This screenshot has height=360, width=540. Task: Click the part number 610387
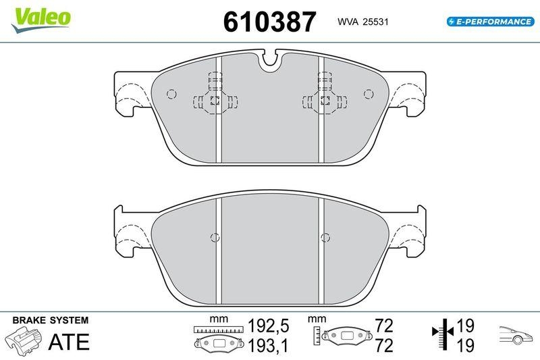pyautogui.click(x=269, y=22)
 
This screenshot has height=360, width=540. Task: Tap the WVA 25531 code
pyautogui.click(x=362, y=22)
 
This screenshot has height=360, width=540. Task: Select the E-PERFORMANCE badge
pyautogui.click(x=491, y=22)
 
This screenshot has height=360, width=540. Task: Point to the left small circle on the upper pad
pyautogui.click(x=171, y=94)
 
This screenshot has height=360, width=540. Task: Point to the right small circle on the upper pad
pyautogui.click(x=369, y=94)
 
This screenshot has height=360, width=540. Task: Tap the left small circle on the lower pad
pyautogui.click(x=215, y=237)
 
